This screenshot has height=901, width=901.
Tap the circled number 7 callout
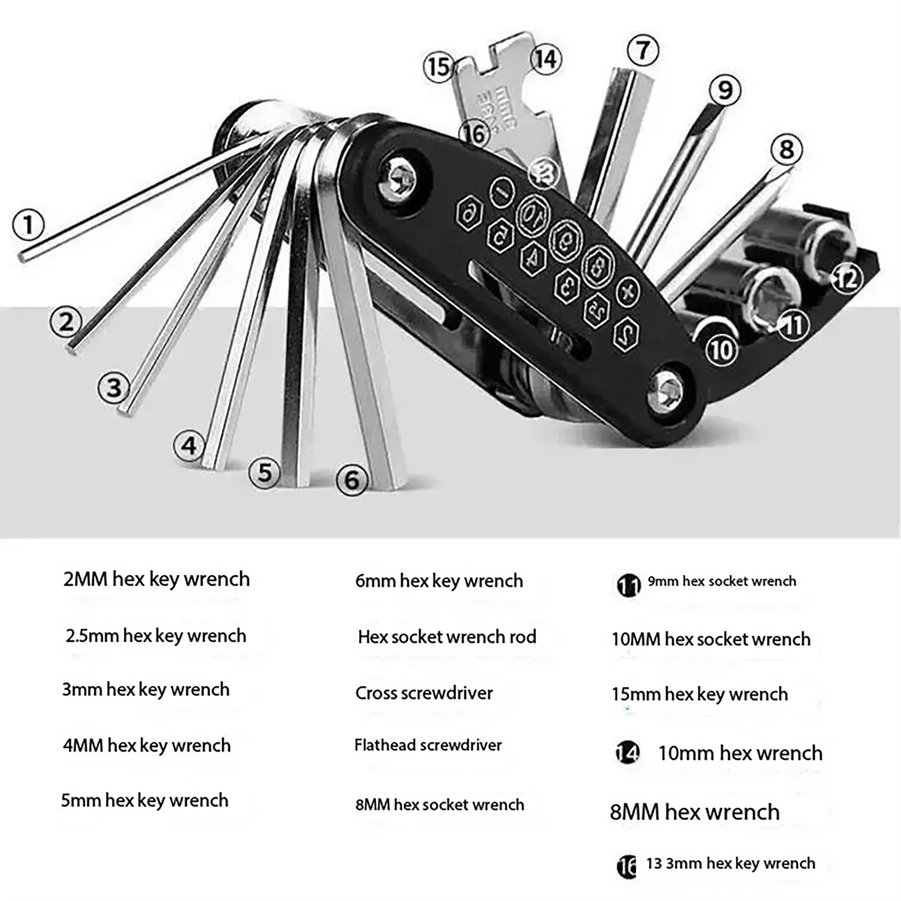click(x=643, y=50)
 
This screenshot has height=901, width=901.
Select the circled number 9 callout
click(x=725, y=90)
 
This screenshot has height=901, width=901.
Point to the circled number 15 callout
click(x=438, y=67)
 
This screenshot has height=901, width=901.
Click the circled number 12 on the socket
click(x=847, y=279)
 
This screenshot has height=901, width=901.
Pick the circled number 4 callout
click(x=189, y=446)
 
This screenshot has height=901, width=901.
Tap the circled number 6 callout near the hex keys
click(x=352, y=480)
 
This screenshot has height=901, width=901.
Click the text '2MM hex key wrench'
click(x=157, y=579)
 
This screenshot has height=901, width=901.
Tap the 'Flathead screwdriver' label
click(x=428, y=745)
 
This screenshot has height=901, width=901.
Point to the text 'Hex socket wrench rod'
click(x=447, y=637)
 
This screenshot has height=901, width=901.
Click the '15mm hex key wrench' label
click(x=700, y=694)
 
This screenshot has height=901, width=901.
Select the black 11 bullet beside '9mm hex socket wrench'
click(x=628, y=585)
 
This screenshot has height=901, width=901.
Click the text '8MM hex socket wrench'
click(x=440, y=804)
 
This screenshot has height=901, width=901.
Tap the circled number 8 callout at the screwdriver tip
click(x=787, y=150)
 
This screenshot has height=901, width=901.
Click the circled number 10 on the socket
click(x=721, y=350)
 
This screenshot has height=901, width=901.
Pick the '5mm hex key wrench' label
click(x=145, y=800)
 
